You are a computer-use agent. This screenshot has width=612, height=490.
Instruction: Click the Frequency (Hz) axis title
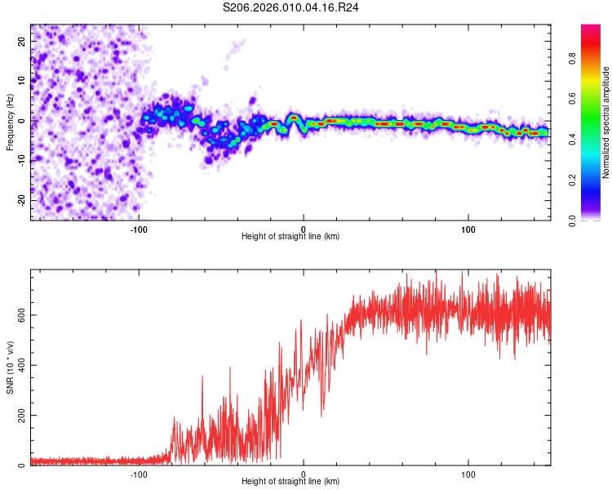(x=10, y=122)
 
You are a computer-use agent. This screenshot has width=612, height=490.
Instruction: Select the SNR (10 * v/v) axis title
(x=10, y=367)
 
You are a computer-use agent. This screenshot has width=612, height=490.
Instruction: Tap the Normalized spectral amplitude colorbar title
(x=605, y=122)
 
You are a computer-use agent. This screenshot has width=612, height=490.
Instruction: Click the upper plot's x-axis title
(x=290, y=236)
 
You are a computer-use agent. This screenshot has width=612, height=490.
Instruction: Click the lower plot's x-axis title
(x=290, y=481)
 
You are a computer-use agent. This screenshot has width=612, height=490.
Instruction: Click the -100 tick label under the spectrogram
(x=139, y=228)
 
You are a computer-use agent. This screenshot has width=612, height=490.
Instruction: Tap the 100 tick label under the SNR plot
(x=468, y=473)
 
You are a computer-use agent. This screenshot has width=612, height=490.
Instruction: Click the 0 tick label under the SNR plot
(x=304, y=473)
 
